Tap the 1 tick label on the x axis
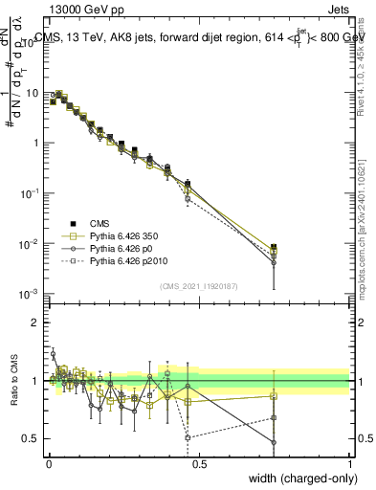pos(350,461)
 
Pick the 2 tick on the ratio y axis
pos(36,323)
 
